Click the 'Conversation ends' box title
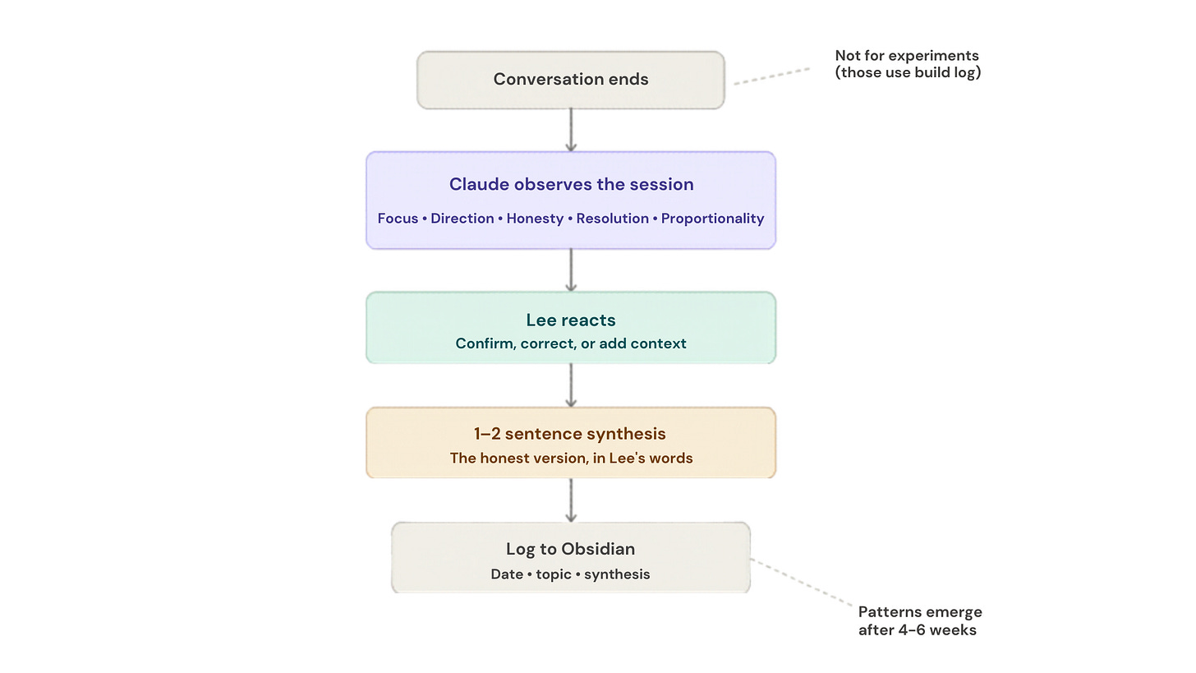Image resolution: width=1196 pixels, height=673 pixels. (x=571, y=80)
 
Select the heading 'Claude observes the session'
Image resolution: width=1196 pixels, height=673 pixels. (x=571, y=184)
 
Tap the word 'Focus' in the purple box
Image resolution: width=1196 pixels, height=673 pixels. (x=398, y=219)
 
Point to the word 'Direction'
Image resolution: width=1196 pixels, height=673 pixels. (x=463, y=219)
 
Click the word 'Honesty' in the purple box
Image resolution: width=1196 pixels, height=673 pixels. (x=535, y=219)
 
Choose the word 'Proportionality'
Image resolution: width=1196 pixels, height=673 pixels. (x=712, y=219)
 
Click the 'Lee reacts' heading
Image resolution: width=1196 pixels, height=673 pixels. (x=571, y=320)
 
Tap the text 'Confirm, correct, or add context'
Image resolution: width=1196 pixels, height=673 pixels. (x=571, y=343)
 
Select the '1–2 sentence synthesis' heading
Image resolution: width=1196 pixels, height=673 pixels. (x=571, y=434)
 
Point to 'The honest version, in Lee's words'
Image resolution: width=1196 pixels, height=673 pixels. (x=571, y=458)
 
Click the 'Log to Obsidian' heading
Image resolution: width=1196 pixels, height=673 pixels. (x=571, y=549)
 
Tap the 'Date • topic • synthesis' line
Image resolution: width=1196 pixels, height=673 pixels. (x=571, y=574)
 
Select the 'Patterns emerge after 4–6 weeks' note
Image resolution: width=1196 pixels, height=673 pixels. (x=919, y=620)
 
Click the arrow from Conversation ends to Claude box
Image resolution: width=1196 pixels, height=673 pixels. (x=571, y=130)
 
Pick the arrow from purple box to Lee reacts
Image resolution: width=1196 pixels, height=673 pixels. (x=571, y=270)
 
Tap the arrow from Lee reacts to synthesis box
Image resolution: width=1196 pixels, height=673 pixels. (x=571, y=385)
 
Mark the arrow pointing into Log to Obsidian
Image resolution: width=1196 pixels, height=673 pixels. (x=571, y=500)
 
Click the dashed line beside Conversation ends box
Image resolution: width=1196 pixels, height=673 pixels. (x=772, y=76)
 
